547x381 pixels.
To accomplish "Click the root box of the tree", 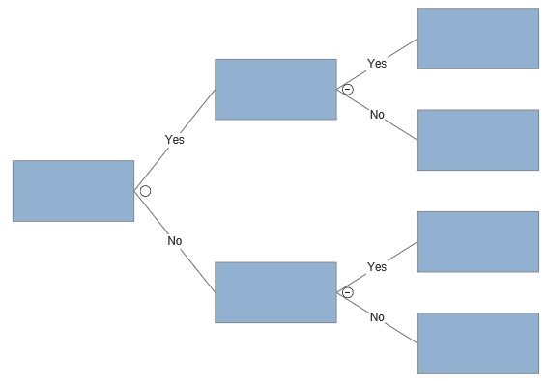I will (72, 191).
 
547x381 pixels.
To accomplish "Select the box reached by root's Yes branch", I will (275, 89).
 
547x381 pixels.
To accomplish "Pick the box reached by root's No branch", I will (275, 292).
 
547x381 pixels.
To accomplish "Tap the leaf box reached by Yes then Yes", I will (477, 39).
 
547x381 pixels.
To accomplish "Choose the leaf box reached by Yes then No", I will (477, 140).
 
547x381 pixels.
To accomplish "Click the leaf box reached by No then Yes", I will (477, 241).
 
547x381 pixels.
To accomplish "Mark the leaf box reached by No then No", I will (477, 342).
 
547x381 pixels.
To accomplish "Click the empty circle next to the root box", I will (145, 191).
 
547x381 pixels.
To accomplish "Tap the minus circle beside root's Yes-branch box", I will (348, 90).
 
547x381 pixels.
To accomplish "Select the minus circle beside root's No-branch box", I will (348, 292).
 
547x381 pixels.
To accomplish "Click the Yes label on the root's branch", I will (174, 140).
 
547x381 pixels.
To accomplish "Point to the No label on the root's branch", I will (174, 241).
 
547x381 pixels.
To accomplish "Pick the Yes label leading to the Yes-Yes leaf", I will (377, 64).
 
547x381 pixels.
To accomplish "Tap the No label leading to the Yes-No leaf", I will (377, 115).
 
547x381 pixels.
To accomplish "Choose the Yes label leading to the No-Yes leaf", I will (377, 267).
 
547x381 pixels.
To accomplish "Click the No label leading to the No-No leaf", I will (377, 317).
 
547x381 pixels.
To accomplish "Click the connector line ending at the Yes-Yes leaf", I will (401, 49).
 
